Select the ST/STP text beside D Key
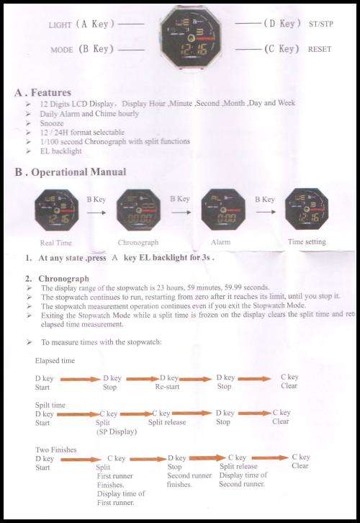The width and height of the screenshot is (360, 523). pos(318,24)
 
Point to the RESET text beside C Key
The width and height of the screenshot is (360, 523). pos(319,49)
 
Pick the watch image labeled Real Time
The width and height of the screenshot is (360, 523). pos(55,210)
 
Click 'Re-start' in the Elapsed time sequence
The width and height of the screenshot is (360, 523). pos(169,386)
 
